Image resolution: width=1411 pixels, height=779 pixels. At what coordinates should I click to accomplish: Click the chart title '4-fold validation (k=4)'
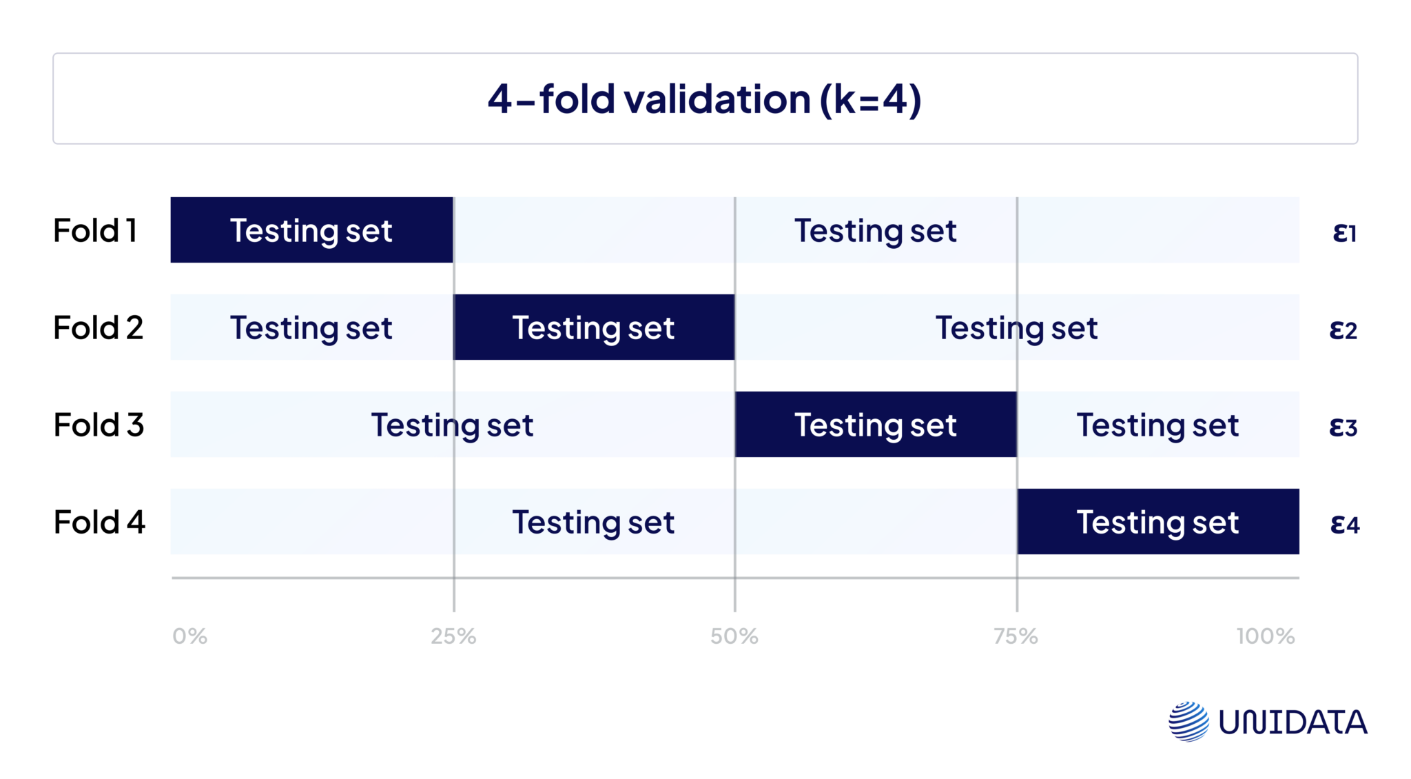704,99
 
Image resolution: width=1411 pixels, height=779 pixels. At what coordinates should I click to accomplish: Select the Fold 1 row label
95,230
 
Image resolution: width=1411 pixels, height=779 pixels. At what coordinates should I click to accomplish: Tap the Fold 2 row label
98,327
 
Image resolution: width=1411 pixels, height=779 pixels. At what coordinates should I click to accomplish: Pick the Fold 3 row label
99,425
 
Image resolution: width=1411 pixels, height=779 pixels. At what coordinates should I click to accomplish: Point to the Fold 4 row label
99,522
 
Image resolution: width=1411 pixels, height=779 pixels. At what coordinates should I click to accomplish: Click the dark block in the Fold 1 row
311,230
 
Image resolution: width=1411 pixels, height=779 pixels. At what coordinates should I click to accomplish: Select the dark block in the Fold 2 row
593,327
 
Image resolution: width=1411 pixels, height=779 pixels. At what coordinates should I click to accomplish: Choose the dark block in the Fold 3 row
876,425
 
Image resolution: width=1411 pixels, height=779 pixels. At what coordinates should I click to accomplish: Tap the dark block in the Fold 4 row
1157,522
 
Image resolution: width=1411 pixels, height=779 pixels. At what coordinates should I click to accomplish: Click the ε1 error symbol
1344,233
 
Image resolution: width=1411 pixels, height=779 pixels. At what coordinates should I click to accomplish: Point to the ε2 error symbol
1343,330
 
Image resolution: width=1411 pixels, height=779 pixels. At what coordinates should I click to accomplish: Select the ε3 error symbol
1343,427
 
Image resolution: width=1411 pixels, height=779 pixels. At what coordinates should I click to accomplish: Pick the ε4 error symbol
1344,525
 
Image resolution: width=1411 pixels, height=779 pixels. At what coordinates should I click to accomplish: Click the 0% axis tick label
189,636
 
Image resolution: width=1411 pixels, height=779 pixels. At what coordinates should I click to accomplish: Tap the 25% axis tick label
453,636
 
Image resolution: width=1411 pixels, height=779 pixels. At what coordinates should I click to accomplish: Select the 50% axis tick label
734,636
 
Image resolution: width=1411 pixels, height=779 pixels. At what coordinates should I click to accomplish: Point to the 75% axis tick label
1016,636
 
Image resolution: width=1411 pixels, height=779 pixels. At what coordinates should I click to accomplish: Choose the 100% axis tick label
1266,636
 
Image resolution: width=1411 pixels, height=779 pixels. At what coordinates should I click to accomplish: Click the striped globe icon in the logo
1188,722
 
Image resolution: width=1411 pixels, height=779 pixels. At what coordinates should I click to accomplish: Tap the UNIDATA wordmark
1292,722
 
